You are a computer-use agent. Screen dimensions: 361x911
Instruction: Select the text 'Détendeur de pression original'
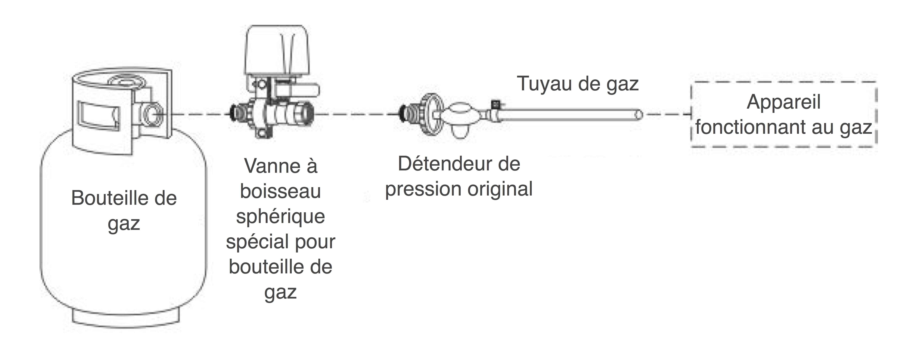click(x=459, y=176)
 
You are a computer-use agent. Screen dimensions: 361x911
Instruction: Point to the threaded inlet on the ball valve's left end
click(x=238, y=113)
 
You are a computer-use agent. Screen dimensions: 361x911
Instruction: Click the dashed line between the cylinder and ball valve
click(x=198, y=114)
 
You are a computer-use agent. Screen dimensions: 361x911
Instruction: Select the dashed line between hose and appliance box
click(x=667, y=114)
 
